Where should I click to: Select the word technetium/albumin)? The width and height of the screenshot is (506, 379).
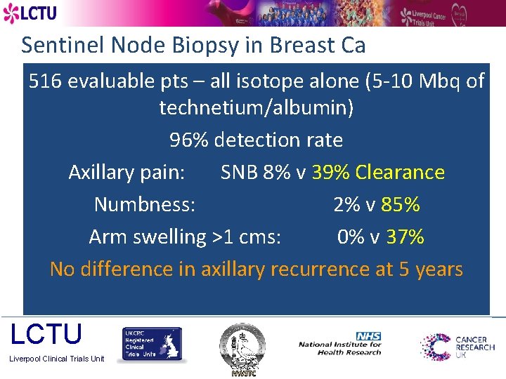pyautogui.click(x=256, y=108)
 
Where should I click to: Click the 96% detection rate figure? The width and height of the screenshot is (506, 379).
pyautogui.click(x=189, y=140)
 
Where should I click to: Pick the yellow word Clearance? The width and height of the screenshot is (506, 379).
pyautogui.click(x=400, y=172)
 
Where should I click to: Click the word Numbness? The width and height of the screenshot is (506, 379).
pyautogui.click(x=145, y=204)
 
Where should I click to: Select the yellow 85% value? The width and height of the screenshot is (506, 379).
pyautogui.click(x=401, y=204)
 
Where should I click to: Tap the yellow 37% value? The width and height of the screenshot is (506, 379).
pyautogui.click(x=405, y=237)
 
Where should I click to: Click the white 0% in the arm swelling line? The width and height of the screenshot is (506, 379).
pyautogui.click(x=350, y=237)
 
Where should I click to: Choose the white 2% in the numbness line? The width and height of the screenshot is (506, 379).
pyautogui.click(x=346, y=204)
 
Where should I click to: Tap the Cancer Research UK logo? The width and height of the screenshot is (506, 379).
pyautogui.click(x=458, y=347)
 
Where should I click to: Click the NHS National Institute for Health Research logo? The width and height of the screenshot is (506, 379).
pyautogui.click(x=341, y=344)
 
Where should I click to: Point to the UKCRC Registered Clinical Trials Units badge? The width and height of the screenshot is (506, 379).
pyautogui.click(x=153, y=345)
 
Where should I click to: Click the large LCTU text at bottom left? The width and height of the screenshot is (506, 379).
pyautogui.click(x=46, y=335)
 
